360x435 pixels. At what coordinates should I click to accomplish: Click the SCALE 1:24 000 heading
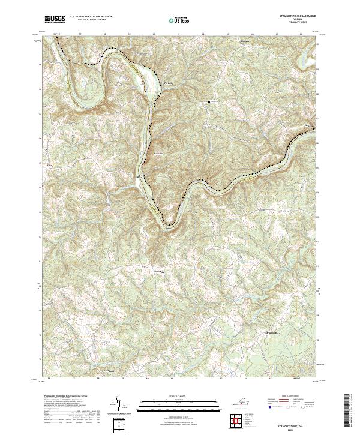point(179,397)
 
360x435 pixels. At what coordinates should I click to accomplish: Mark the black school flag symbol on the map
point(209,102)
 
